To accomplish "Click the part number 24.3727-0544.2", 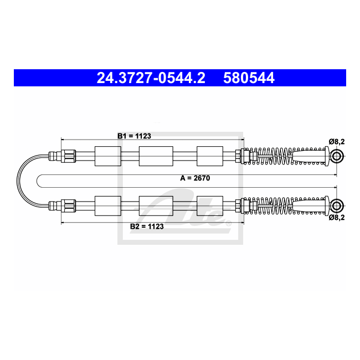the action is pyautogui.click(x=151, y=78).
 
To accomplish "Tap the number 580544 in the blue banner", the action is pyautogui.click(x=249, y=78).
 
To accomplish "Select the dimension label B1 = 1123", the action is pyautogui.click(x=135, y=136).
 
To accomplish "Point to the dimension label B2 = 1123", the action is pyautogui.click(x=147, y=227).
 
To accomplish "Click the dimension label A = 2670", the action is pyautogui.click(x=195, y=178).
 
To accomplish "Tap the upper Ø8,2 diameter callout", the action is pyautogui.click(x=337, y=142).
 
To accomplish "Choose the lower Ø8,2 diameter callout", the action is pyautogui.click(x=337, y=217).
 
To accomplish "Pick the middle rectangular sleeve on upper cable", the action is pyautogui.click(x=156, y=156).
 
